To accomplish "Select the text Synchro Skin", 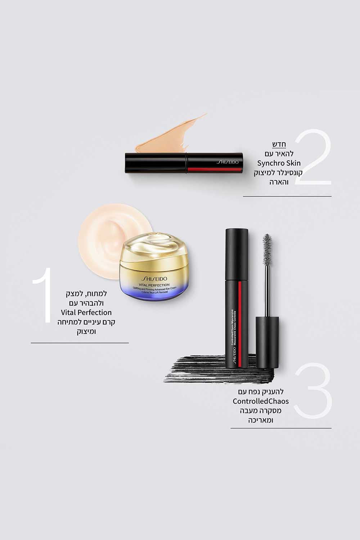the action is [x=279, y=163].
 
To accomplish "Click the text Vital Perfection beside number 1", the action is [x=86, y=312].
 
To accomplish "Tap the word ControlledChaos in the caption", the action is [x=261, y=401].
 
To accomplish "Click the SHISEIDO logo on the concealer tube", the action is [x=228, y=162].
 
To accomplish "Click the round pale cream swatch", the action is [x=108, y=241].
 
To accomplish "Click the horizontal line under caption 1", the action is [x=80, y=343].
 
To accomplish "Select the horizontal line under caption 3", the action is [x=281, y=428].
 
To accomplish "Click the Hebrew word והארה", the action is [x=279, y=182].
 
